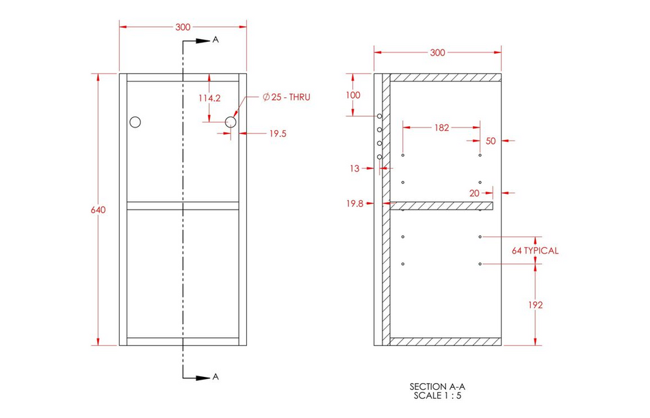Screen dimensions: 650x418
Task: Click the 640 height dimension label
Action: click(99, 210)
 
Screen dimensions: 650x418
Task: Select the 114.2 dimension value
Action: click(209, 99)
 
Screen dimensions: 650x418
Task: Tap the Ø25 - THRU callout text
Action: click(287, 97)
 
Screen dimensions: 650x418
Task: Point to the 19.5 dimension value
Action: click(278, 134)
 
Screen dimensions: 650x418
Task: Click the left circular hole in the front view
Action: click(135, 122)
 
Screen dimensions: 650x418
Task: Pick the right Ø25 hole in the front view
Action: click(231, 122)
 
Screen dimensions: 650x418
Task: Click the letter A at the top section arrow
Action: click(216, 40)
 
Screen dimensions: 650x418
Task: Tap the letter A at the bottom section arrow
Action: click(216, 376)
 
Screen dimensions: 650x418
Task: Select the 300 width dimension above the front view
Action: click(183, 27)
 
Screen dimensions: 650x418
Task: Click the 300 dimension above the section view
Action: click(437, 53)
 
